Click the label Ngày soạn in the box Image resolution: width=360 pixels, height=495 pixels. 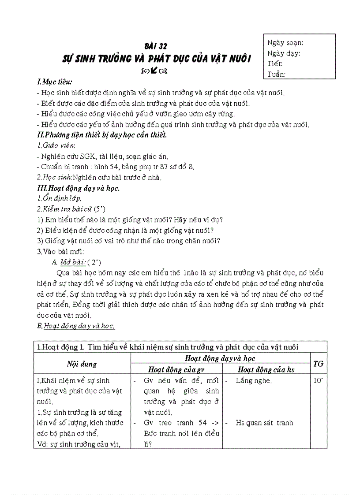click(285, 43)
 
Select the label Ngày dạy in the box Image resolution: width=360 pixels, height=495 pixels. click(284, 53)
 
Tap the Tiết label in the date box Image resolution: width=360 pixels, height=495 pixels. click(275, 63)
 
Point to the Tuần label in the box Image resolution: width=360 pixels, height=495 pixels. click(277, 74)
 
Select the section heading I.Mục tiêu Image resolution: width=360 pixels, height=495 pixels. click(55, 82)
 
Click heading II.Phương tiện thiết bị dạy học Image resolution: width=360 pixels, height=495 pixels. click(102, 135)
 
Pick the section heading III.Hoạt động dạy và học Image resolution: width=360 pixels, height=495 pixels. click(79, 188)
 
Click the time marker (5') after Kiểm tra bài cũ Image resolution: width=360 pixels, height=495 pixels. click(101, 209)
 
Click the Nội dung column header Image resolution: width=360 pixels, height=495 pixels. click(82, 364)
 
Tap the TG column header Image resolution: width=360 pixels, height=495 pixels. click(318, 364)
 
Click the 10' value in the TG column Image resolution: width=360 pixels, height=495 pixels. click(318, 380)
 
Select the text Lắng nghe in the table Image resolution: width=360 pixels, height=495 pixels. click(254, 380)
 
